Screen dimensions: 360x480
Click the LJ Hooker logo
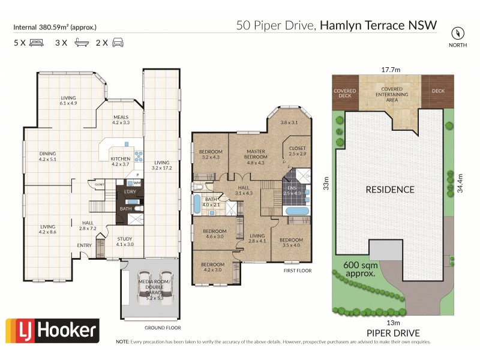coord(52,330)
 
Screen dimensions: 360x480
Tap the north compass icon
coord(458,33)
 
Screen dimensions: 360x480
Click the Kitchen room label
coord(120,161)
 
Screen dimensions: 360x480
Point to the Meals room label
coord(121,119)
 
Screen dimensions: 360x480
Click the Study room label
coord(125,242)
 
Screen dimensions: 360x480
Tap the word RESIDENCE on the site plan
coord(390,190)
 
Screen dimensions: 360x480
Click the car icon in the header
coord(118,43)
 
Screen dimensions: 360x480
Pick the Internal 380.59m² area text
coord(55,27)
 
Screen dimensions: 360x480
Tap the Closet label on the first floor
coord(298,151)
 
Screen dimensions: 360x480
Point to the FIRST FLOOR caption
coord(298,271)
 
